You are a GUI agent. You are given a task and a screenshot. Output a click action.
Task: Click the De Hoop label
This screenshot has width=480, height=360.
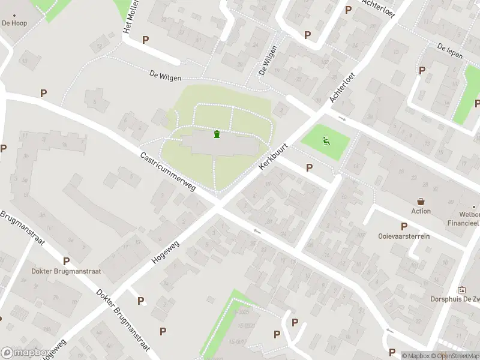[x=14, y=23]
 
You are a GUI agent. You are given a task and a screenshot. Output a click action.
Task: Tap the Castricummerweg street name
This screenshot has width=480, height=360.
[x=168, y=172]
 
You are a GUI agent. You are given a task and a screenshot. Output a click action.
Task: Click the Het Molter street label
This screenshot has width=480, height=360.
[x=127, y=20]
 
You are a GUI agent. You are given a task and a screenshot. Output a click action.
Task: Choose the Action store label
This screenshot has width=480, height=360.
[x=421, y=211]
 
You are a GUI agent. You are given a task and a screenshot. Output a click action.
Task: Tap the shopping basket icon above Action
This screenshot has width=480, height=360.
[x=421, y=202]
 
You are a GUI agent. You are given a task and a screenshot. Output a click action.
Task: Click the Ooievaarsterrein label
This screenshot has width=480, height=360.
[x=404, y=236]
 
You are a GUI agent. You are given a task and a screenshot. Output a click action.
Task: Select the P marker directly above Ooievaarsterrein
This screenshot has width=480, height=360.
[x=404, y=226]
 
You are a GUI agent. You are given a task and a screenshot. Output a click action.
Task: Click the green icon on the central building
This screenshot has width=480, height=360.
[x=216, y=133]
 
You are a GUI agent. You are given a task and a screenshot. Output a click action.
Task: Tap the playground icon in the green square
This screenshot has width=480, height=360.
[x=326, y=142]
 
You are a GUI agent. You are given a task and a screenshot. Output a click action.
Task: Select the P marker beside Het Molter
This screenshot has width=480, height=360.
[x=145, y=40]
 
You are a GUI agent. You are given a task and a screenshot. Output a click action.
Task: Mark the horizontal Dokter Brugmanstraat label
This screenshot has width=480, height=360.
[x=66, y=271]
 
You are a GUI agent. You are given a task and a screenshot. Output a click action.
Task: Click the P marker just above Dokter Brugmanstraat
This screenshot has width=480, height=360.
[x=66, y=261]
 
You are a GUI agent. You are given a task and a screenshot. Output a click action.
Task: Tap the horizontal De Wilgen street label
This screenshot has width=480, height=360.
[x=165, y=75]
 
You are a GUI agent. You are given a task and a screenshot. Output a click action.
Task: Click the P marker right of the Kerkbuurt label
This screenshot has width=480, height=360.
[x=309, y=167]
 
